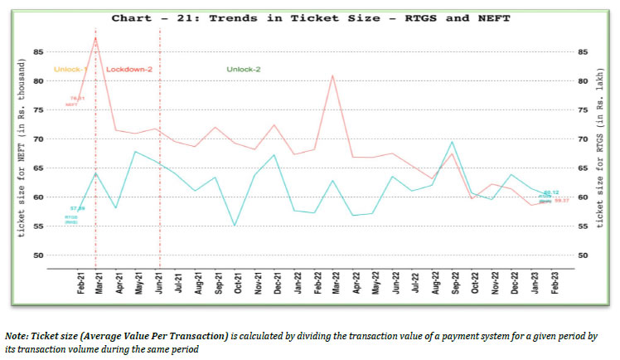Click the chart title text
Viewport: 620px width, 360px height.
click(312, 16)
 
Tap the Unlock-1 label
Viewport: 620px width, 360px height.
click(70, 69)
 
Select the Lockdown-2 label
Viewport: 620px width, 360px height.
click(129, 69)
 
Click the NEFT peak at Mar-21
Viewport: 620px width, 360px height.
click(96, 37)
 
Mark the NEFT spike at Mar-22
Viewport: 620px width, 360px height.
click(333, 75)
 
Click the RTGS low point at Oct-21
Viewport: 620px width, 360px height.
click(235, 225)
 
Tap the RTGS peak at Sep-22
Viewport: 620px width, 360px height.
click(452, 142)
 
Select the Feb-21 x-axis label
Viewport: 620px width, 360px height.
click(81, 283)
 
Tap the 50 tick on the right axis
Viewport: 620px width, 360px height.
click(583, 255)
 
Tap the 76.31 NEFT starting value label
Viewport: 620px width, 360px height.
click(77, 98)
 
